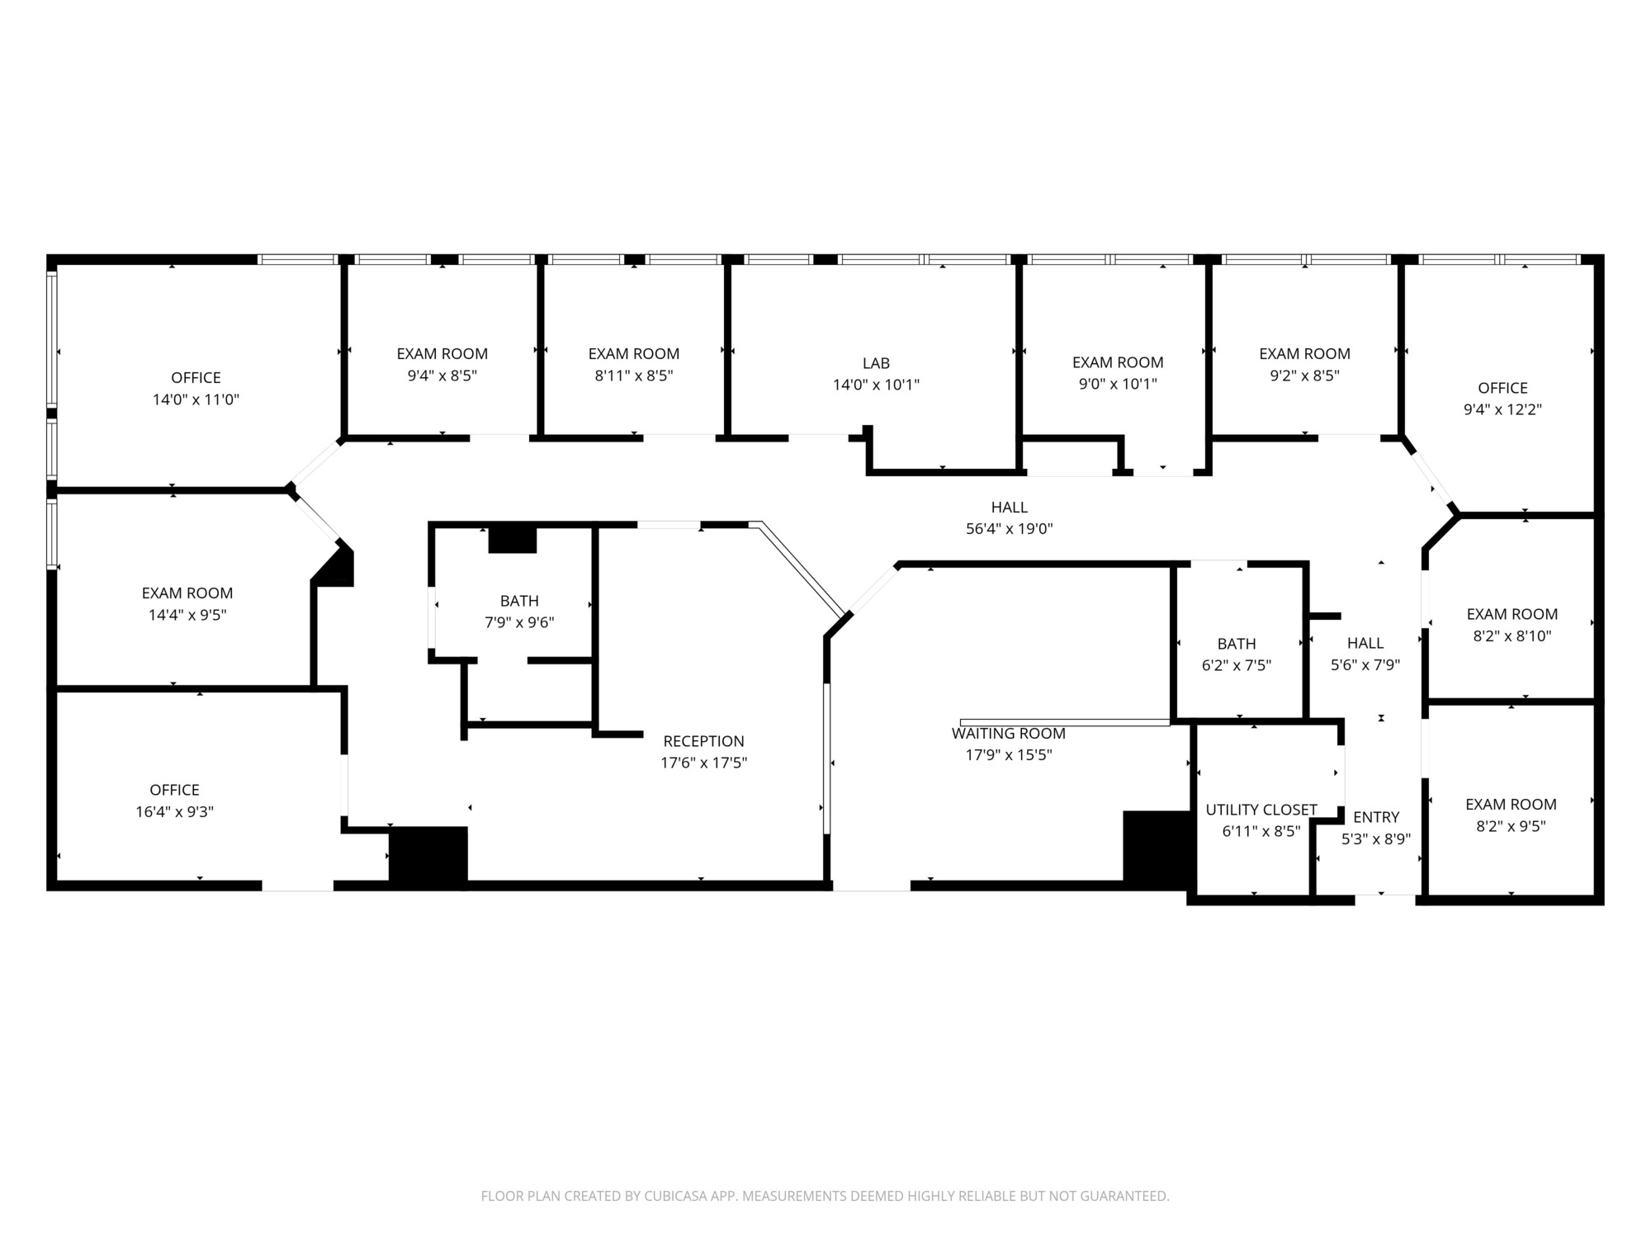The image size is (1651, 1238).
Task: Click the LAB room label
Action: (876, 363)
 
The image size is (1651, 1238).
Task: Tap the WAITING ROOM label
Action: (1009, 733)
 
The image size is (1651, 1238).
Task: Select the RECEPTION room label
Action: (703, 741)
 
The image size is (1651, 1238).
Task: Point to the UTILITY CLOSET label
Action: (1261, 810)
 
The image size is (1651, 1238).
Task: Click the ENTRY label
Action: (1376, 817)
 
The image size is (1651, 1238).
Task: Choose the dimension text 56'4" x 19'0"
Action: (1010, 529)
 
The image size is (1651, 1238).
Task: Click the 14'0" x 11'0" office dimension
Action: (196, 399)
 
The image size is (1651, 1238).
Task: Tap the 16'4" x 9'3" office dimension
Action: (174, 811)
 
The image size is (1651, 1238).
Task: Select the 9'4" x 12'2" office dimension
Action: (1502, 409)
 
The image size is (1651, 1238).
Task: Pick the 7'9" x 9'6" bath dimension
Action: (519, 622)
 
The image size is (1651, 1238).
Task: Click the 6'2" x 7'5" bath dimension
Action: (1237, 665)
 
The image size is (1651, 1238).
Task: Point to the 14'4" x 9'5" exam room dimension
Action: (187, 615)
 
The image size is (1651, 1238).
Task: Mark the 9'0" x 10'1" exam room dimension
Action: (1118, 384)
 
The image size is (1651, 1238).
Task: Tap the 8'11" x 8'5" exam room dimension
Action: (634, 376)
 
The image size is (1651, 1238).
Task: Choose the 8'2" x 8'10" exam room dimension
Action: (1512, 636)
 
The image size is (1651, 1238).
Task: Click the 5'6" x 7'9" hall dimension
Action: (1365, 664)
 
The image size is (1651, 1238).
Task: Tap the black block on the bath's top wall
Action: (513, 539)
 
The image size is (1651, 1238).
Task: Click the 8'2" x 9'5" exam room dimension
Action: (1511, 825)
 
